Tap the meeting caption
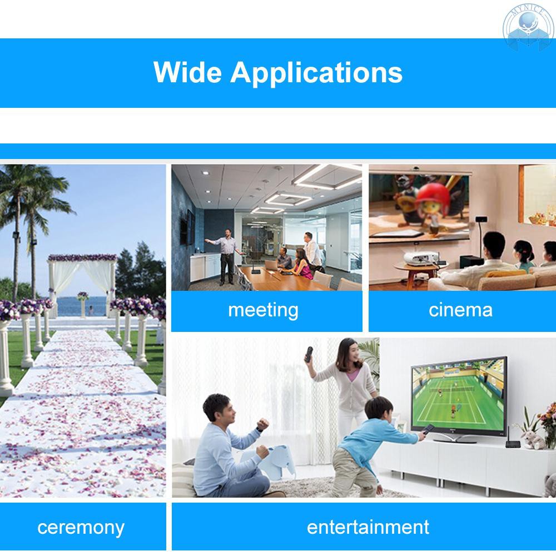[x=263, y=310]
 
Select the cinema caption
[x=460, y=310]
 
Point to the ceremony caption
[x=81, y=527]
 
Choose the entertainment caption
[x=368, y=527]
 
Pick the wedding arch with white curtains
[x=82, y=281]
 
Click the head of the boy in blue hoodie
[x=375, y=411]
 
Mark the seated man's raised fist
[x=262, y=425]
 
